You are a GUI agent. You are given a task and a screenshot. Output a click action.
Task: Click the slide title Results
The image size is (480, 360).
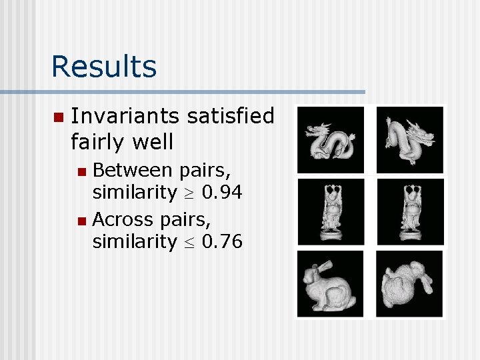pyautogui.click(x=103, y=66)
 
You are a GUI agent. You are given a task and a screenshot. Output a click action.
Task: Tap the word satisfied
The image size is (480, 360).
pyautogui.click(x=231, y=116)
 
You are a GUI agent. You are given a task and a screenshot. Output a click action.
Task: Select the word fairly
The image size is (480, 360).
pyautogui.click(x=101, y=141)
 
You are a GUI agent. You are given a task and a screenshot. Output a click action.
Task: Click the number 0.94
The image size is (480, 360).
pyautogui.click(x=221, y=193)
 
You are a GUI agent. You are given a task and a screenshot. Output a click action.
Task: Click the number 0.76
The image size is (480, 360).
pyautogui.click(x=221, y=241)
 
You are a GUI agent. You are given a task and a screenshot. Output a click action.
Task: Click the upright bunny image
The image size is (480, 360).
pyautogui.click(x=331, y=283)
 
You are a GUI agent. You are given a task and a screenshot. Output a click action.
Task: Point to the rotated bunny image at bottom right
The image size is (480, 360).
pyautogui.click(x=409, y=283)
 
